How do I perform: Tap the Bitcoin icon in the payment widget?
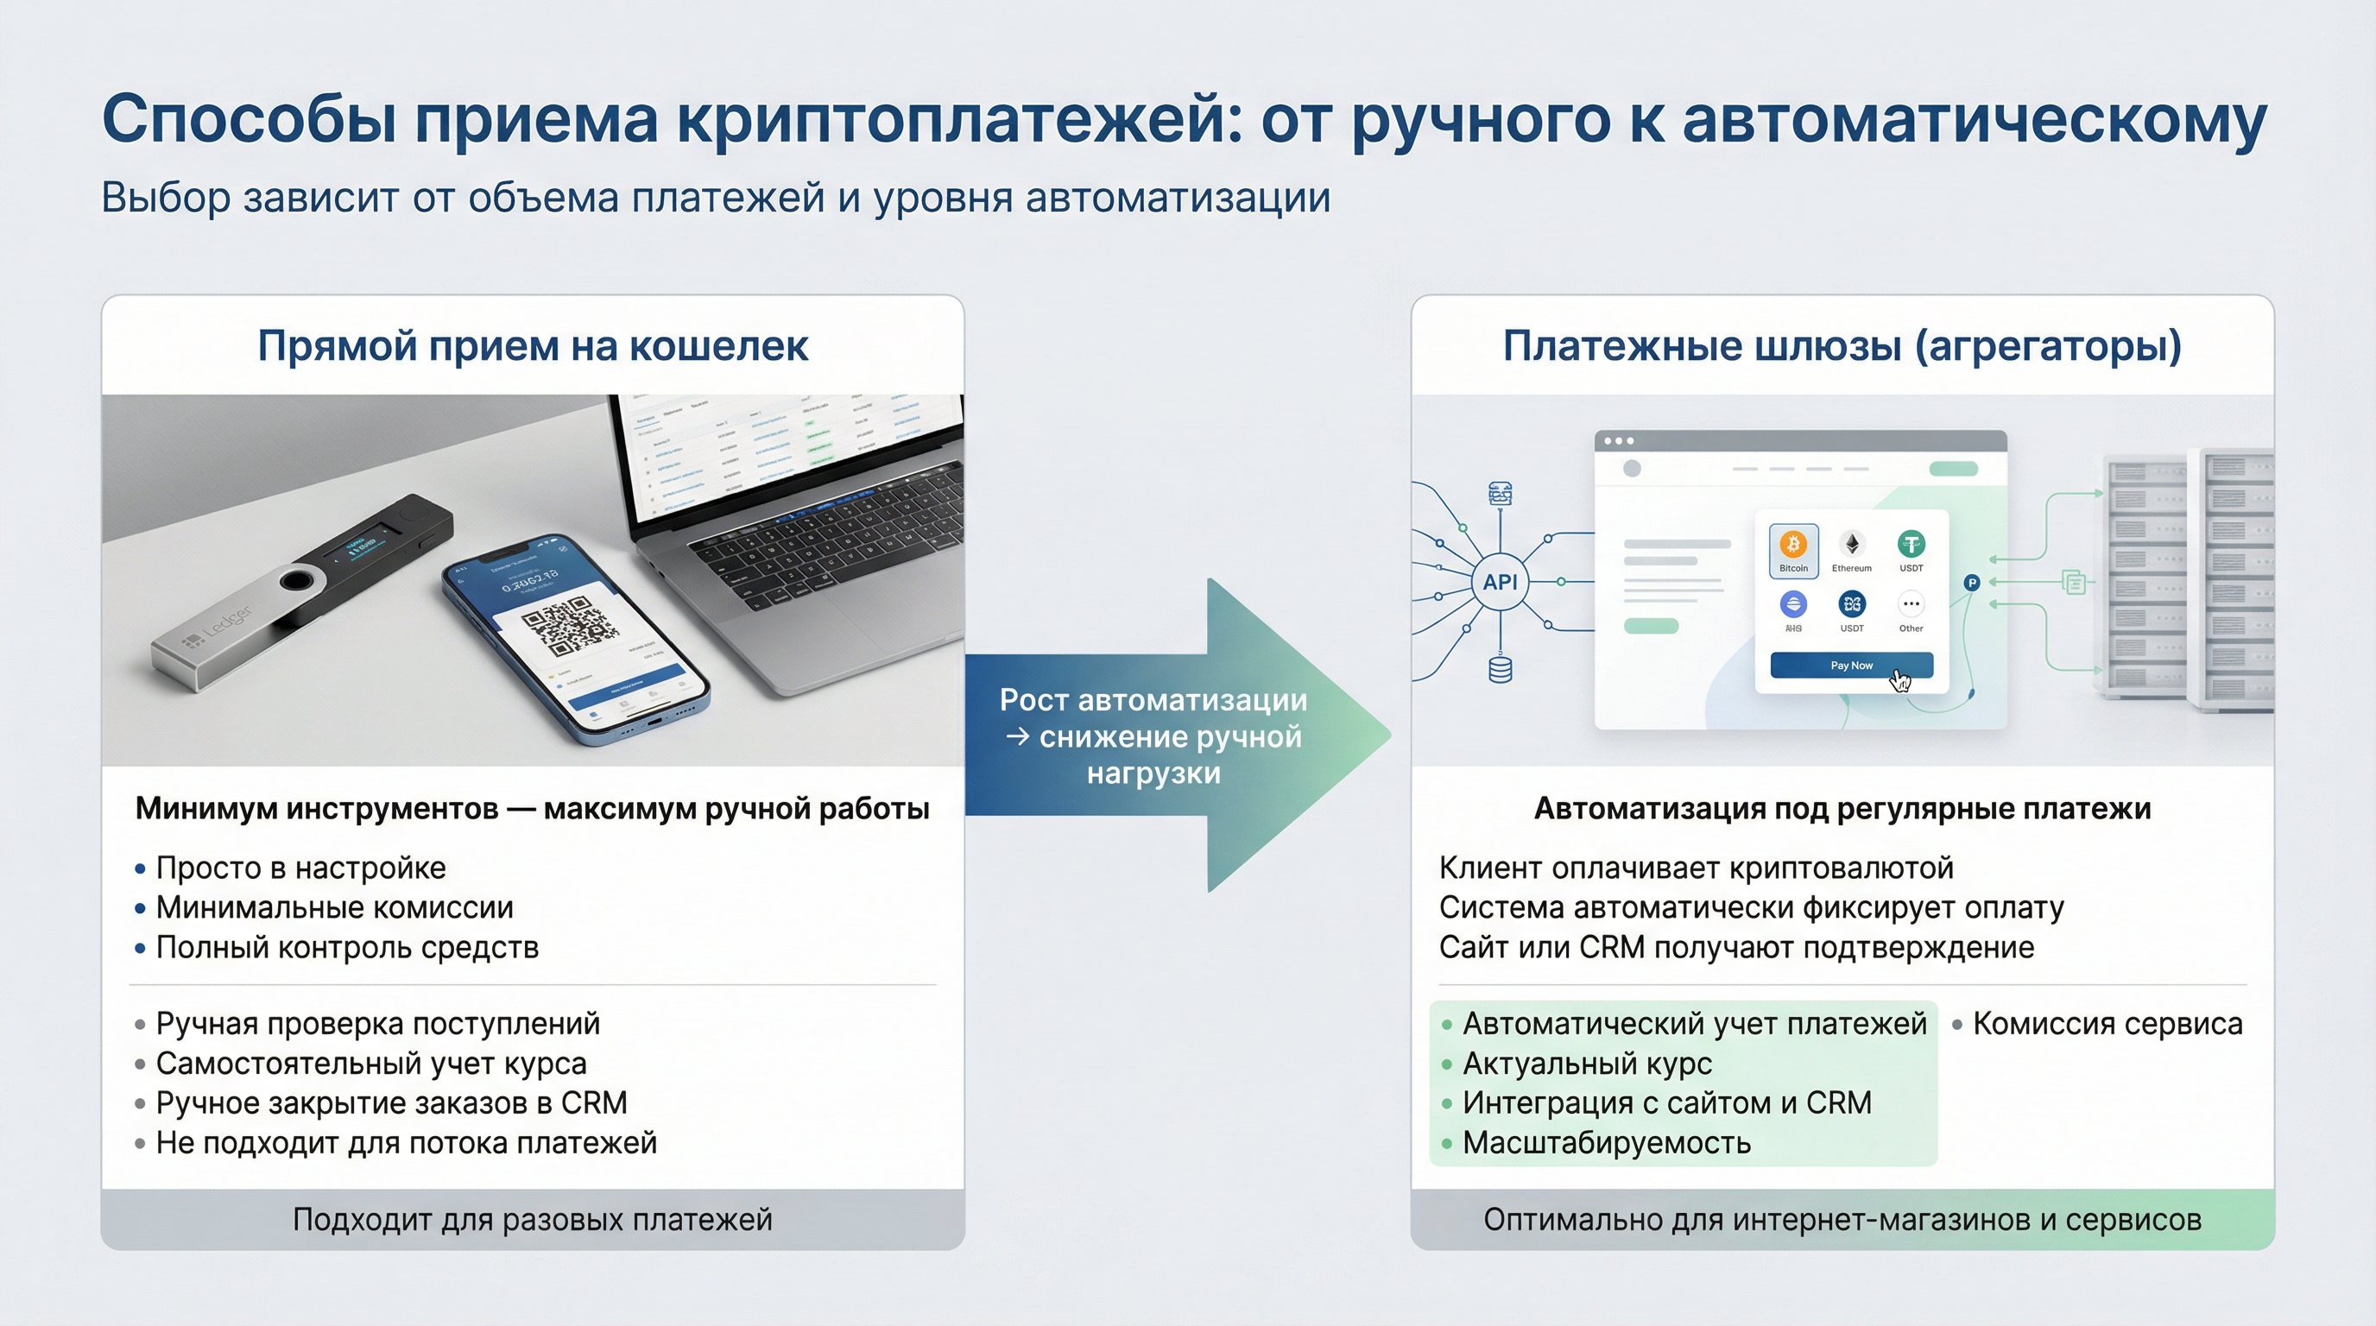pyautogui.click(x=1793, y=545)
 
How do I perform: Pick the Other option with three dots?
pyautogui.click(x=1910, y=605)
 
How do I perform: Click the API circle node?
pyautogui.click(x=1500, y=582)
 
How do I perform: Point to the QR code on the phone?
pyautogui.click(x=569, y=626)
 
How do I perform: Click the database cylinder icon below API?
pyautogui.click(x=1501, y=668)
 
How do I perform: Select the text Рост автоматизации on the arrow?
pyautogui.click(x=1153, y=701)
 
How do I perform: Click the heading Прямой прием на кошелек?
pyautogui.click(x=532, y=346)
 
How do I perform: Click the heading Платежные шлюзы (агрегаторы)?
pyautogui.click(x=1842, y=346)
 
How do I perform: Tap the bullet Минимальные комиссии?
pyautogui.click(x=334, y=907)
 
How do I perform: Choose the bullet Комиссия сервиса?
pyautogui.click(x=2107, y=1024)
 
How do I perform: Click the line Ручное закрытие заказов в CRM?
pyautogui.click(x=391, y=1103)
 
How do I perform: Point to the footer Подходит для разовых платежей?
pyautogui.click(x=532, y=1220)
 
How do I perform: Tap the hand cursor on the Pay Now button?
pyautogui.click(x=1899, y=680)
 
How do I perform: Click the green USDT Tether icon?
pyautogui.click(x=1910, y=544)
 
